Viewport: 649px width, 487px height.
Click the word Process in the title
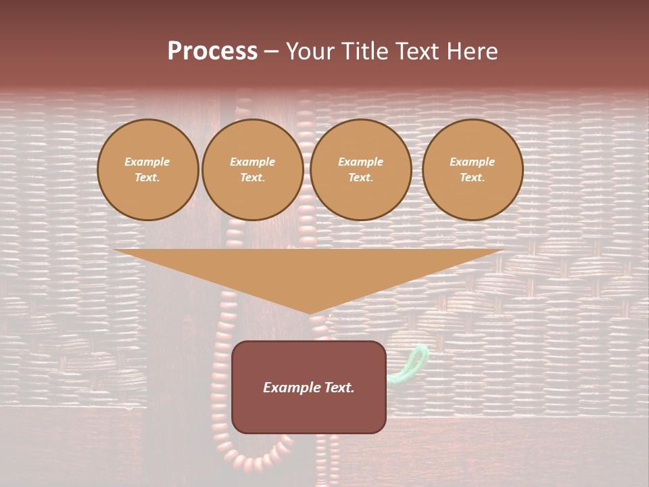coord(212,51)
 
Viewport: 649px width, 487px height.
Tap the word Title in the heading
coord(368,51)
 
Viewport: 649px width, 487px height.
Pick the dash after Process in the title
coord(272,52)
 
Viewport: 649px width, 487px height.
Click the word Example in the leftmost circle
coord(147,162)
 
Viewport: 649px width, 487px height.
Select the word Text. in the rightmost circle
coord(473,178)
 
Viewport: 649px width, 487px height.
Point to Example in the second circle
coord(253,162)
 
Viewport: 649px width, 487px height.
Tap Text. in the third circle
coord(361,178)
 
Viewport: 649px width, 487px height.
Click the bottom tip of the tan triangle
coord(310,312)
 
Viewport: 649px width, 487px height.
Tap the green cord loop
coord(413,362)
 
